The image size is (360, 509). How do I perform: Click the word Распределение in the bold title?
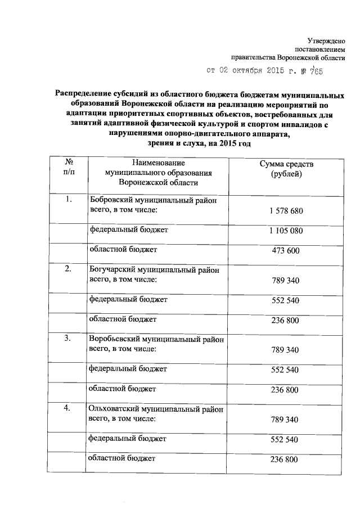[x=82, y=94]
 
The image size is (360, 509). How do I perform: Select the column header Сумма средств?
[x=286, y=163]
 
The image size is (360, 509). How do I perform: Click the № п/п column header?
[x=69, y=167]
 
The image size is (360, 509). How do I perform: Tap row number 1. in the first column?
[x=69, y=200]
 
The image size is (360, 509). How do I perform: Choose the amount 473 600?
[x=286, y=251]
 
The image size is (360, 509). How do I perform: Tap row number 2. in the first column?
[x=69, y=269]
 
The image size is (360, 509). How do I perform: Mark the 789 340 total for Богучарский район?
[x=286, y=280]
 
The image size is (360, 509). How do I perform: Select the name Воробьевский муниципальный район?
[x=156, y=339]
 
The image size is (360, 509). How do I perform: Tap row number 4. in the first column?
[x=69, y=408]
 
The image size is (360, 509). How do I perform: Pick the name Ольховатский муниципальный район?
[x=155, y=409]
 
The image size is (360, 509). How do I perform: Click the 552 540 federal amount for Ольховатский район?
[x=286, y=439]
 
